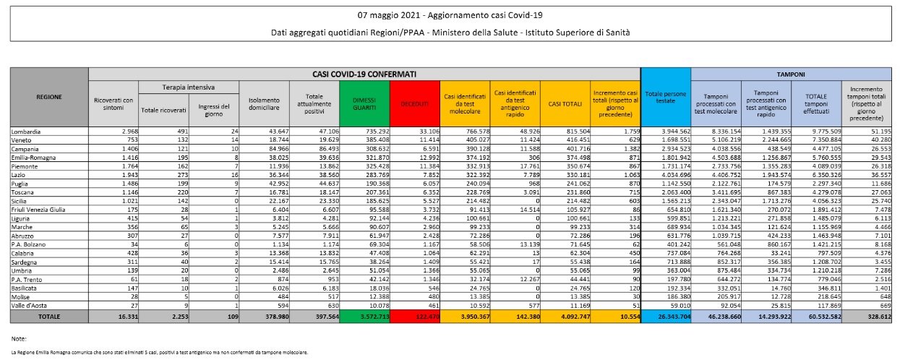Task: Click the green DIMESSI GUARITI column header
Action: coord(364,104)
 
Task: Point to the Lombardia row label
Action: coord(25,132)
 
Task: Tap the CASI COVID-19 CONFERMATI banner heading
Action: coord(364,74)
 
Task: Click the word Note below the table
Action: coord(19,338)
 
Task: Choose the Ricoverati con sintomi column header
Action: coord(113,103)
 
